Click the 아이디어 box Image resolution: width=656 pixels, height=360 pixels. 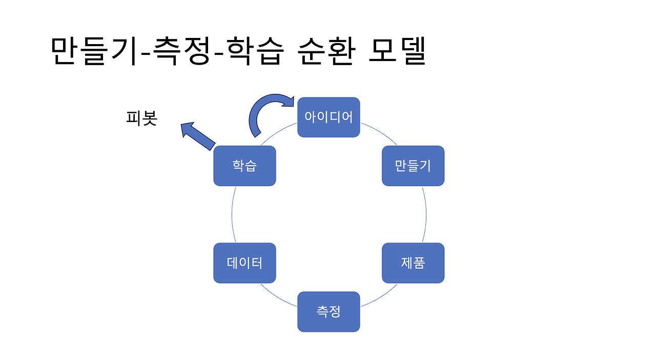point(329,117)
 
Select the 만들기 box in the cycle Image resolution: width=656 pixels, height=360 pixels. point(413,166)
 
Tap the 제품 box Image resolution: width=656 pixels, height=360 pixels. point(413,263)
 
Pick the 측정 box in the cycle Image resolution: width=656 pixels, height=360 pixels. point(329,311)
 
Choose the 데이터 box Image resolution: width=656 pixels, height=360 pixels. point(244,263)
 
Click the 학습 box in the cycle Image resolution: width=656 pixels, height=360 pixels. point(244,166)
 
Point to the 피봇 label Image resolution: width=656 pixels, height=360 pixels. point(141,118)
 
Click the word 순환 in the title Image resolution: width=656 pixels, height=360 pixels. point(326,51)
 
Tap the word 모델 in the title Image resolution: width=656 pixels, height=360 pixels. point(397,51)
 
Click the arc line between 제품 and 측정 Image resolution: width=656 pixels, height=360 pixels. point(379,298)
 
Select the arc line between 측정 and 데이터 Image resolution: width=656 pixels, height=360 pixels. point(278,298)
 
